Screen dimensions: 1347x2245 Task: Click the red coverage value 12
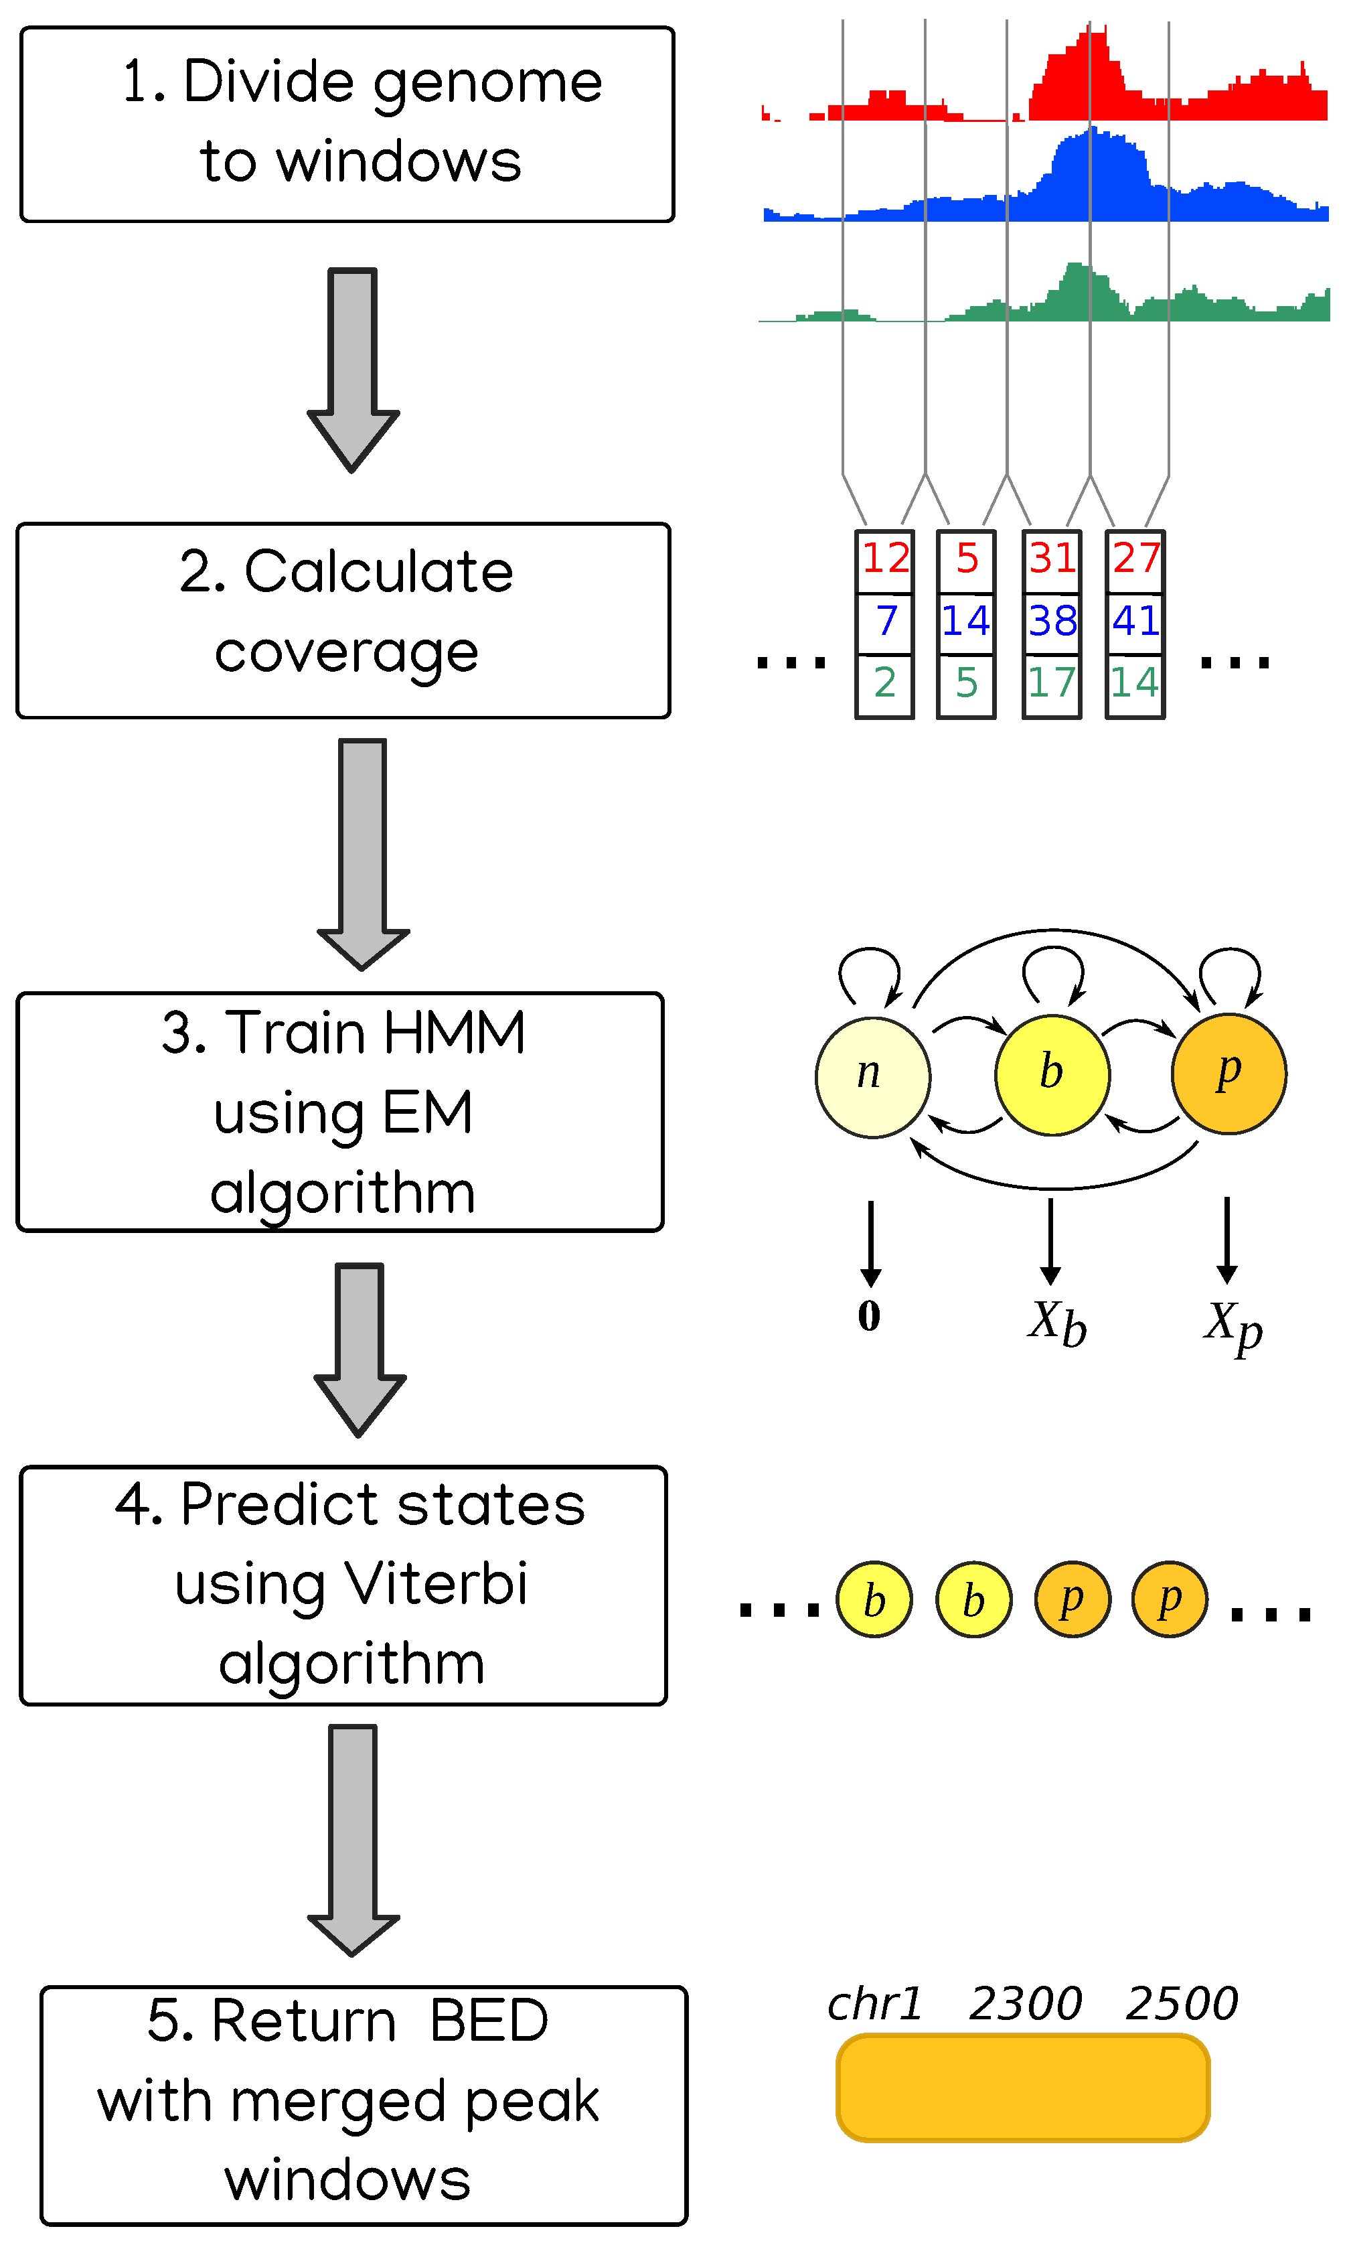point(885,557)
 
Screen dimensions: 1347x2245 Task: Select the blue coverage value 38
point(1052,621)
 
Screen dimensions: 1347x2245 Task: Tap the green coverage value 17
point(1051,682)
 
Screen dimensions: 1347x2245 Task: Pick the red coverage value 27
point(1135,557)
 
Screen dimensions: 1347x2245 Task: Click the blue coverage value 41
point(1135,621)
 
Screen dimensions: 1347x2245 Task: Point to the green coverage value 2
point(885,682)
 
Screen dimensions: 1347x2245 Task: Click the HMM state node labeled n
point(873,1077)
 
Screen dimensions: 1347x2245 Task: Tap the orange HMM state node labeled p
point(1229,1073)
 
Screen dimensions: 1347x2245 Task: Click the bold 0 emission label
point(870,1315)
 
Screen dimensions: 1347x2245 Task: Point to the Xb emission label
point(1058,1323)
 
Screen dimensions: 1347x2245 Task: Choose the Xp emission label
point(1234,1327)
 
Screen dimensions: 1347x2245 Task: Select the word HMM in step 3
point(455,1032)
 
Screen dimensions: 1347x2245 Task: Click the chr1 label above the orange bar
point(875,2003)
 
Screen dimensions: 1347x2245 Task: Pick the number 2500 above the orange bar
point(1182,2003)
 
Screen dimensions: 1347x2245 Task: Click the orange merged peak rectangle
point(1023,2087)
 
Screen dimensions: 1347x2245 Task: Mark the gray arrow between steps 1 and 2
point(353,370)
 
